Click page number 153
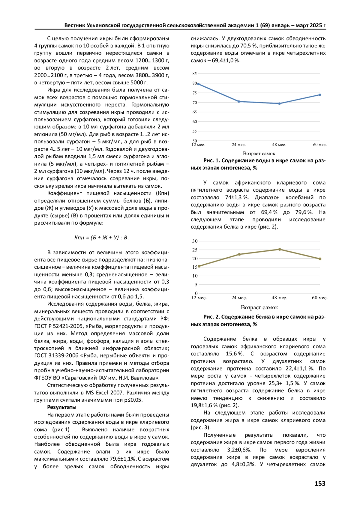click(x=320, y=483)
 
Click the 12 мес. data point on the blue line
click(x=198, y=84)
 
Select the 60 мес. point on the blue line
click(x=320, y=95)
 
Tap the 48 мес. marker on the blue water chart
click(x=279, y=104)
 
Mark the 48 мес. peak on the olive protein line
click(x=280, y=249)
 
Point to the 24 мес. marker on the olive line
click(x=239, y=254)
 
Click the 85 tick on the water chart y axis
click(x=195, y=74)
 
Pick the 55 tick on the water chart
click(x=195, y=131)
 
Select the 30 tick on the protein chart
click(x=195, y=241)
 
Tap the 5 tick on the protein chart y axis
click(x=196, y=285)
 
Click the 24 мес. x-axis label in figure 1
click(x=238, y=145)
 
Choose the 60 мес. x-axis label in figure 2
click(x=319, y=298)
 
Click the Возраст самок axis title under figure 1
click(x=259, y=154)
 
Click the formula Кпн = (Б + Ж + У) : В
click(x=101, y=238)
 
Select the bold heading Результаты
click(x=62, y=407)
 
